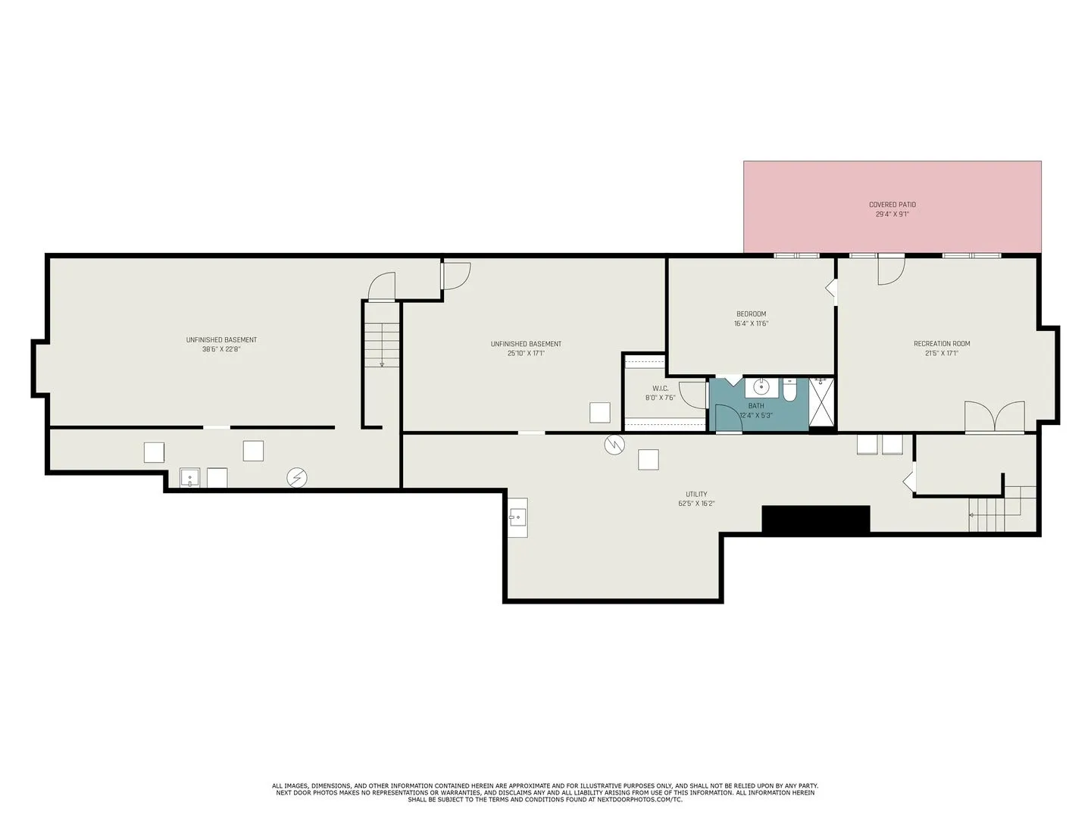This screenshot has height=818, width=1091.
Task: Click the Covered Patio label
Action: pyautogui.click(x=892, y=204)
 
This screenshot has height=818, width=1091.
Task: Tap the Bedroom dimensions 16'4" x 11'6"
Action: pyautogui.click(x=751, y=323)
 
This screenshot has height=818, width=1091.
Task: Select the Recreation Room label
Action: pyautogui.click(x=942, y=344)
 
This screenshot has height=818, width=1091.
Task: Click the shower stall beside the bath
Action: pyautogui.click(x=821, y=401)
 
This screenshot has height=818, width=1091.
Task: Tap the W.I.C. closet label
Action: pyautogui.click(x=660, y=389)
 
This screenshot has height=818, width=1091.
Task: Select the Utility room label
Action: pyautogui.click(x=696, y=494)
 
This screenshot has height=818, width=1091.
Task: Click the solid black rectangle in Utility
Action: pyautogui.click(x=816, y=520)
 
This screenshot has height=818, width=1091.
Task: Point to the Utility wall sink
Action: pyautogui.click(x=518, y=517)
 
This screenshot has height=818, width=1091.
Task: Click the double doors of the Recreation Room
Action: pyautogui.click(x=994, y=417)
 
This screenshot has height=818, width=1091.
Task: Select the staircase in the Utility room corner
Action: pyautogui.click(x=1002, y=508)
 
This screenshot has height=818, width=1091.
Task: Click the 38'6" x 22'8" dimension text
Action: pyautogui.click(x=221, y=349)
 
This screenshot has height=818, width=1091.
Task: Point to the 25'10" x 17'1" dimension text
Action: pyautogui.click(x=526, y=353)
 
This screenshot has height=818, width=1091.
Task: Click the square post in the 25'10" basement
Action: pyautogui.click(x=599, y=412)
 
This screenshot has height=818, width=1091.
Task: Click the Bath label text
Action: pyautogui.click(x=755, y=406)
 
